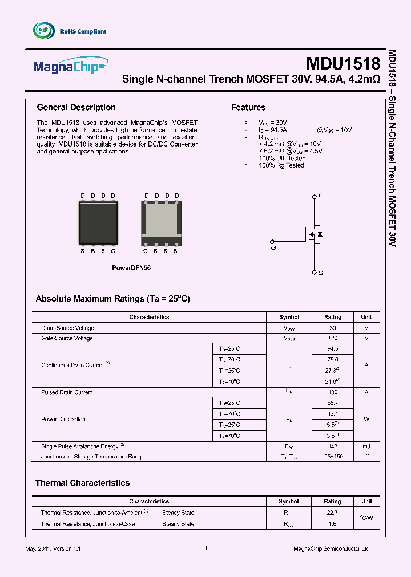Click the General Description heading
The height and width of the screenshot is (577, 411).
pos(76,107)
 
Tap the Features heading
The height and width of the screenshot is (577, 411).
pos(248,107)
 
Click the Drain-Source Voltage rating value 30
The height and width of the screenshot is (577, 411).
pos(332,328)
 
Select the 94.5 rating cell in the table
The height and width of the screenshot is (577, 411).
pos(332,348)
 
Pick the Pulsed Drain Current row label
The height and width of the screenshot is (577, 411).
pos(67,392)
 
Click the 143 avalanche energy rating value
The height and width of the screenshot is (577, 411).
pos(332,446)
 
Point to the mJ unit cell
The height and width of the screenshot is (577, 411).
pos(366,446)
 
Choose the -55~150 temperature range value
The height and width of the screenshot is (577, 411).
pos(332,457)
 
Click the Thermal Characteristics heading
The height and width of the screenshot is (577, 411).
pos(82,483)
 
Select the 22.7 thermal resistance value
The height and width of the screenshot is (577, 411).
pos(332,512)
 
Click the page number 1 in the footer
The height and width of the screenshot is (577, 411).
pos(205,548)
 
